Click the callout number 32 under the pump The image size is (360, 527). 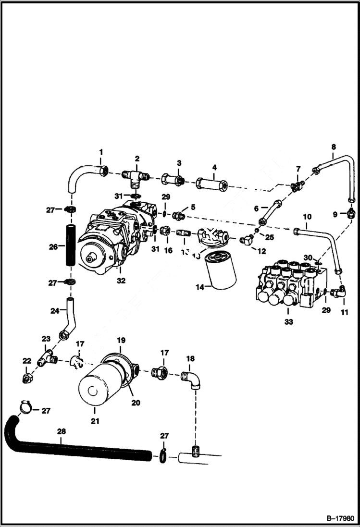tap(121, 281)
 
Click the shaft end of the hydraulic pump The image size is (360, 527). tap(90, 259)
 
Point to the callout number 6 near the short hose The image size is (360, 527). tap(257, 208)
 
